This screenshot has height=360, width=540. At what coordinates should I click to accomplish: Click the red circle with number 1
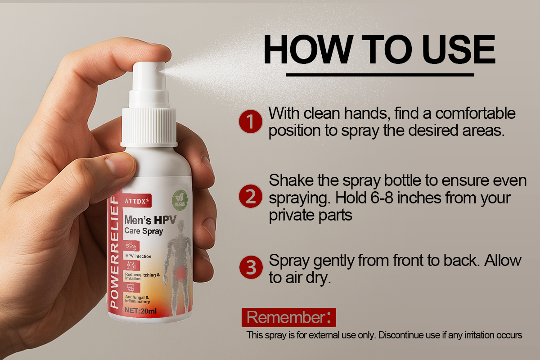click(x=251, y=121)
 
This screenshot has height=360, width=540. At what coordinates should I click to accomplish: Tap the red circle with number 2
click(x=251, y=196)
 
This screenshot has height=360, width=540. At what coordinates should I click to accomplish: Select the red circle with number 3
click(x=251, y=267)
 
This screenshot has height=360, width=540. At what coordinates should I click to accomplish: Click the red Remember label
click(x=289, y=317)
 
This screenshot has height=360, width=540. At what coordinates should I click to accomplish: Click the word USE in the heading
click(x=458, y=49)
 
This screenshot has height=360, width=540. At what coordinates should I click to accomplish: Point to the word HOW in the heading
click(x=307, y=49)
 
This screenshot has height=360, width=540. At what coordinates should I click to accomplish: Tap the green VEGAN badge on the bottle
click(x=180, y=200)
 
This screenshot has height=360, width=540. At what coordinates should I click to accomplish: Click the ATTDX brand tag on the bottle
click(x=137, y=201)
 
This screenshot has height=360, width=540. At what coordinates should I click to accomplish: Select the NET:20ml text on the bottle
click(x=140, y=310)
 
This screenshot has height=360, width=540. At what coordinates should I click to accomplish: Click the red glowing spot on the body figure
click(x=180, y=274)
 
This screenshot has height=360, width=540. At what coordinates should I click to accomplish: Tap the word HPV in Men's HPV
click(x=165, y=220)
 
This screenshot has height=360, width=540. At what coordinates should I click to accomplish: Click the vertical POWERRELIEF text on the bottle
click(x=114, y=252)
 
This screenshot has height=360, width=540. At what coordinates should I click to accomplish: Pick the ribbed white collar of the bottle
click(x=149, y=127)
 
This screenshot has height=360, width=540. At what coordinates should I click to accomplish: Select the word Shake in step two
click(x=291, y=180)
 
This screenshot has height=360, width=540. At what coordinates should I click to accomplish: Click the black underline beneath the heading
click(x=380, y=75)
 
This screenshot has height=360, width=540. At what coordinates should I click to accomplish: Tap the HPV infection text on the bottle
click(x=138, y=256)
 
